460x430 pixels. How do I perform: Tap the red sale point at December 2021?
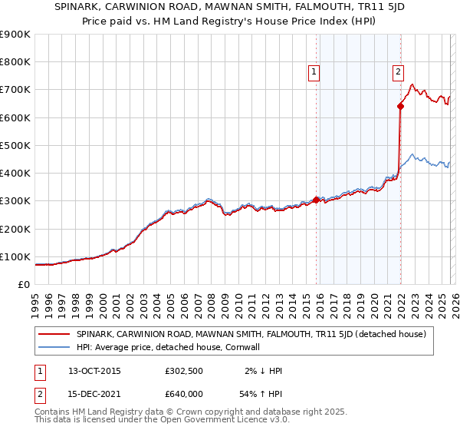click(x=400, y=107)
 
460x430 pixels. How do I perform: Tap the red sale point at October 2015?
click(x=317, y=200)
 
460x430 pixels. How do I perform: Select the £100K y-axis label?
click(x=15, y=256)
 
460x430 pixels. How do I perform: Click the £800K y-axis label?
click(x=15, y=62)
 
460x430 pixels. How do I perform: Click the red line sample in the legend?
click(x=54, y=333)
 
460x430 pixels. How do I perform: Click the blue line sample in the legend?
click(x=54, y=347)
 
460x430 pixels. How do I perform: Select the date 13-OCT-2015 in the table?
click(x=94, y=371)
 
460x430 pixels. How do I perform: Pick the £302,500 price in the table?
click(x=183, y=371)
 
